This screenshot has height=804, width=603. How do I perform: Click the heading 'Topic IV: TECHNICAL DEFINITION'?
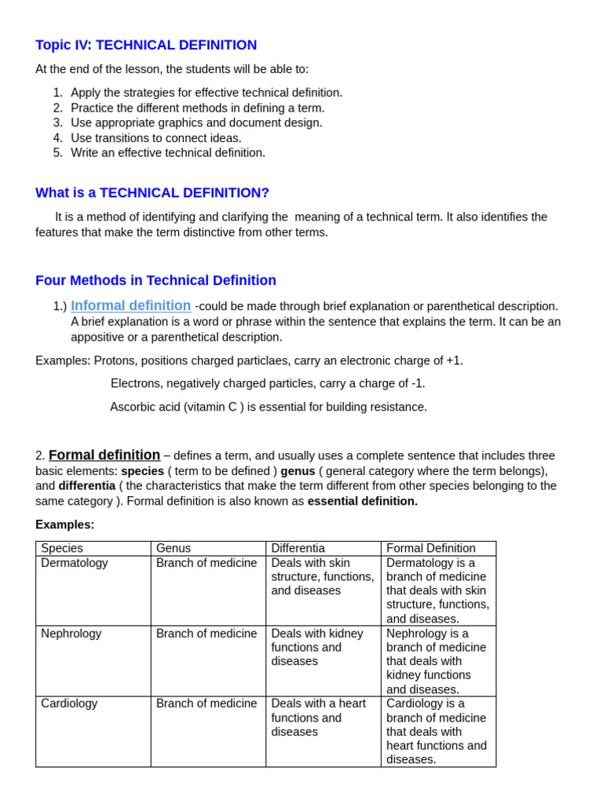coord(146,46)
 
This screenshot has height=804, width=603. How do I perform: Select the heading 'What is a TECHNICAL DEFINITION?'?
coord(152,193)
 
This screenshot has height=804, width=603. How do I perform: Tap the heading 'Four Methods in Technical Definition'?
coord(155,281)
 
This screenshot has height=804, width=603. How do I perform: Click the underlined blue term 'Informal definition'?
coord(130,306)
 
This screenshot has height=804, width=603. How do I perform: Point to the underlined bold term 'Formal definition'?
coord(104,455)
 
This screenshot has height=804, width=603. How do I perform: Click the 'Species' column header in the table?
coord(62,548)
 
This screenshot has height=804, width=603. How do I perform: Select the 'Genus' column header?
coord(174,548)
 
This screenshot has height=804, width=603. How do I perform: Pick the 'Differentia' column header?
coord(298,548)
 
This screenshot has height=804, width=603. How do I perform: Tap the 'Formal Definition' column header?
coord(430,548)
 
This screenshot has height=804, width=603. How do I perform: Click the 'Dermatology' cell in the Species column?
coord(75,563)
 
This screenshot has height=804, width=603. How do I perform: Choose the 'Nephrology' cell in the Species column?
coord(71,634)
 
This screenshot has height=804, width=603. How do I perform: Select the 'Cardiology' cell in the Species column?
coord(69,703)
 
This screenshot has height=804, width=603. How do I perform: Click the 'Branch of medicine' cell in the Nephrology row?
coord(206,634)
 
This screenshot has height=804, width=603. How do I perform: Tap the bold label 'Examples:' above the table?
coord(64,524)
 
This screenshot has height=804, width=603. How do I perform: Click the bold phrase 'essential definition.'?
coord(362,501)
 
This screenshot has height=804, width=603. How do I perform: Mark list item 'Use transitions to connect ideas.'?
coord(155,138)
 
